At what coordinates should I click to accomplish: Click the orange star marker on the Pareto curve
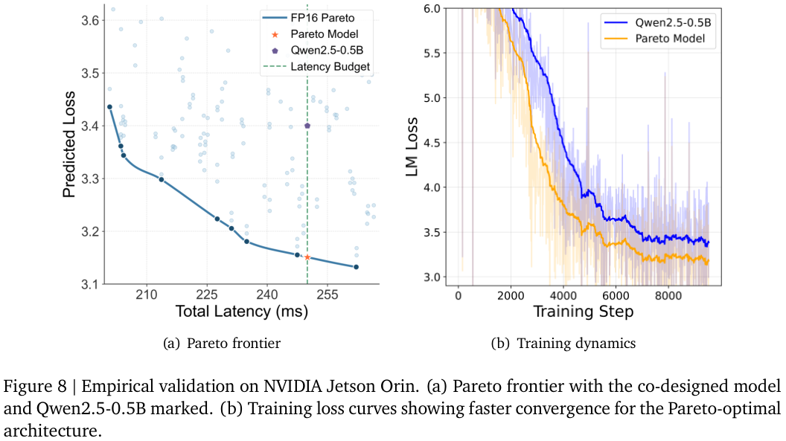[307, 257]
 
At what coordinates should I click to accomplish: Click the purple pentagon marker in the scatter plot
[307, 126]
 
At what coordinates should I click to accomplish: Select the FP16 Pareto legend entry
[308, 18]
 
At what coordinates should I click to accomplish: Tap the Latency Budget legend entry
[316, 67]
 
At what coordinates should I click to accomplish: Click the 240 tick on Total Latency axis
[266, 294]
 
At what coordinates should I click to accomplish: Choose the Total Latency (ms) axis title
[242, 312]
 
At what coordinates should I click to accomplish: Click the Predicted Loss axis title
[68, 145]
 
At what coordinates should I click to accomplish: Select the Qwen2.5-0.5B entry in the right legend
[658, 22]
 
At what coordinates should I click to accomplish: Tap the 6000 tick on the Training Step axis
[616, 295]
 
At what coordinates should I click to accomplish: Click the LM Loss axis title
[412, 147]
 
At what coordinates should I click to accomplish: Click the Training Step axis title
[584, 312]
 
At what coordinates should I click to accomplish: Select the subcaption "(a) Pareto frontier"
[222, 344]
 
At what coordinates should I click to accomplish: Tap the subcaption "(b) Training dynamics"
[563, 344]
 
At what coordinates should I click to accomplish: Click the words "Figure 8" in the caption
[35, 387]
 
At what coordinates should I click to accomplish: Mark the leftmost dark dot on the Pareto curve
[109, 107]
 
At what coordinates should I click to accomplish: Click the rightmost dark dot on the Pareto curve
[356, 267]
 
